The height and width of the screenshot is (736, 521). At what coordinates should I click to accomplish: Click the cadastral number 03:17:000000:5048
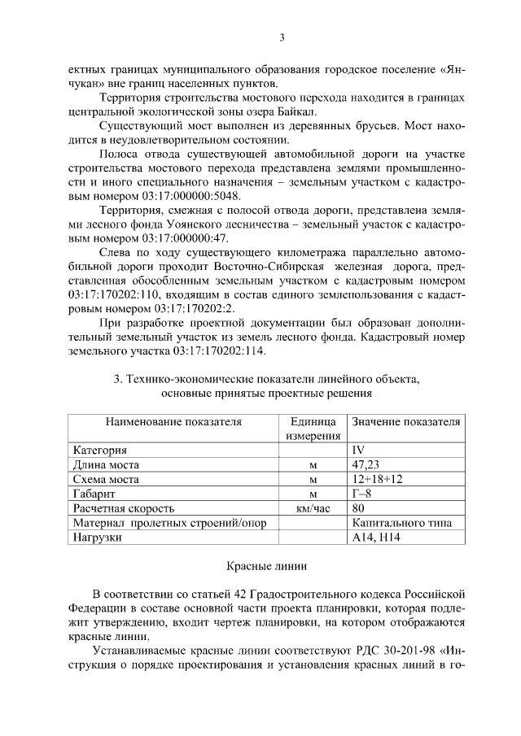(196, 197)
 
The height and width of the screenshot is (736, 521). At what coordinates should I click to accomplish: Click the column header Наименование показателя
(173, 422)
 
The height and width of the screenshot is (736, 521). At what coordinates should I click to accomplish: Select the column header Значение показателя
(406, 422)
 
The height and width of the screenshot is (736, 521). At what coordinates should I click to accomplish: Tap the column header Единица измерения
(313, 429)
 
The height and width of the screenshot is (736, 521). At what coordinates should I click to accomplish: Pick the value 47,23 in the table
(365, 464)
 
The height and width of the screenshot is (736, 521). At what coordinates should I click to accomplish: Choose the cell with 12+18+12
(377, 479)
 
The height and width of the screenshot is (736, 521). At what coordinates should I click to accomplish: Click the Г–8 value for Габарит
(362, 494)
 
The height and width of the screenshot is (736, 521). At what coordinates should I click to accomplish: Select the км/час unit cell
(313, 508)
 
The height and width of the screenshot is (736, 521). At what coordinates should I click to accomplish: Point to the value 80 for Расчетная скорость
(358, 508)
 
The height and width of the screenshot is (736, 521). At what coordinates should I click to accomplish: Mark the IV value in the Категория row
(358, 450)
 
